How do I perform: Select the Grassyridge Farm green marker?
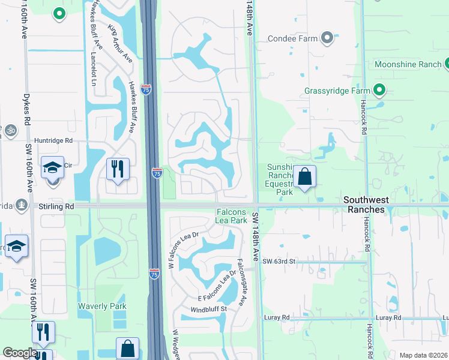pos(379,91)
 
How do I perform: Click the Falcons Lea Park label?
pos(231,217)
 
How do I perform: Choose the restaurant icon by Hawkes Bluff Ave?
pos(118,169)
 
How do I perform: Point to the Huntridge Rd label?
pos(53,140)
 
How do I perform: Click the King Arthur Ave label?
pos(120,44)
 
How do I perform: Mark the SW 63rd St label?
pos(280,262)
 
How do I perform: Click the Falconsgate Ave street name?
pos(243,282)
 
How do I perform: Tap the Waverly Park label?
pos(102,306)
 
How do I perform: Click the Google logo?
pos(19,353)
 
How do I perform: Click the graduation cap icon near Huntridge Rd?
pos(53,167)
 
